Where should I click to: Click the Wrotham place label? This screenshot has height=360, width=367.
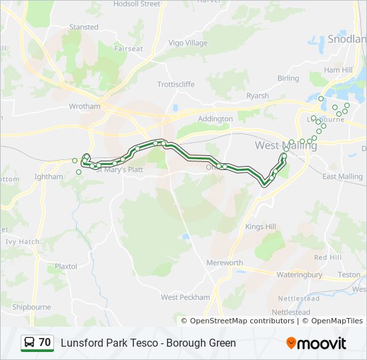pyautogui.click(x=85, y=106)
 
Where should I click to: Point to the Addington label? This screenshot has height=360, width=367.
pyautogui.click(x=216, y=119)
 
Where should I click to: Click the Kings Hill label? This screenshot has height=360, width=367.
pyautogui.click(x=260, y=227)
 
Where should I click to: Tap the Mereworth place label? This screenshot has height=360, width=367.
pyautogui.click(x=225, y=263)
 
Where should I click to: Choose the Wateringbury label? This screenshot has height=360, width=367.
pyautogui.click(x=299, y=275)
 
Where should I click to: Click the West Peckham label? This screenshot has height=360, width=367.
pyautogui.click(x=186, y=297)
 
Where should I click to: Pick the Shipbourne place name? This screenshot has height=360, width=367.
pyautogui.click(x=31, y=307)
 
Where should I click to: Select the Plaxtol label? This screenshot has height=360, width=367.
pyautogui.click(x=66, y=266)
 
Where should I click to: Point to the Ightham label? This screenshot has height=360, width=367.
pyautogui.click(x=48, y=177)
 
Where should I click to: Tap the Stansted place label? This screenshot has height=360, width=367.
pyautogui.click(x=83, y=27)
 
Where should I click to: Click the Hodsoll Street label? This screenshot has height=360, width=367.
pyautogui.click(x=137, y=4)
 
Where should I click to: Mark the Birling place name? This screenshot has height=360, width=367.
pyautogui.click(x=288, y=79)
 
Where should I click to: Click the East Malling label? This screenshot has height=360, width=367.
pyautogui.click(x=342, y=177)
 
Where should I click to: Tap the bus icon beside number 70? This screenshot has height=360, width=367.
pyautogui.click(x=29, y=343)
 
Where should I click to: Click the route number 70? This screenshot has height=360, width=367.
pyautogui.click(x=45, y=343)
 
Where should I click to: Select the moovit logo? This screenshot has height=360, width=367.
pyautogui.click(x=316, y=343)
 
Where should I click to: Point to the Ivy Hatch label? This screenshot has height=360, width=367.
pyautogui.click(x=22, y=242)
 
